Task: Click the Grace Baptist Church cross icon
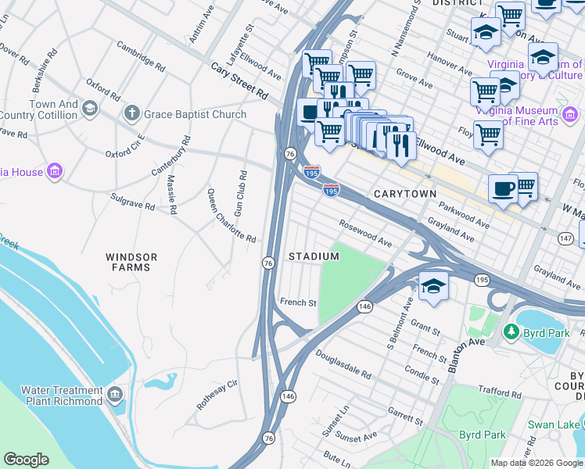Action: coord(131,114)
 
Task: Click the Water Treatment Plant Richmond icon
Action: coord(116,393)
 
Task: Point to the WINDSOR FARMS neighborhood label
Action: coord(131,262)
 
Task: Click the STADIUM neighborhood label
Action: coord(314,256)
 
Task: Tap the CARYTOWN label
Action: coord(404,193)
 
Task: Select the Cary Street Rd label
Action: coord(239,81)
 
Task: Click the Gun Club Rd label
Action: coord(242,192)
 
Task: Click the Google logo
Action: coord(26,459)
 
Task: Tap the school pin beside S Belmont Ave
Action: coord(433,287)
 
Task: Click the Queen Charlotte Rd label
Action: coord(231,215)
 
